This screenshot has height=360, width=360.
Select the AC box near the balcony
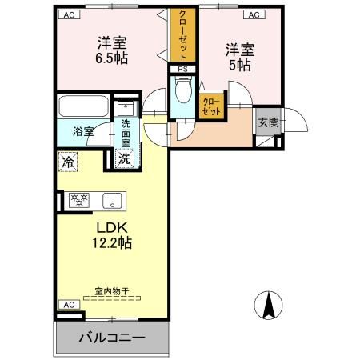69,305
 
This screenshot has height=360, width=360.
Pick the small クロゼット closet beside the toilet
212,106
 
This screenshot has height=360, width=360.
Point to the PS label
182,70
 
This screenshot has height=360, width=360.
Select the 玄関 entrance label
267,122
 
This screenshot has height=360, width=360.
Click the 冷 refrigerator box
66,160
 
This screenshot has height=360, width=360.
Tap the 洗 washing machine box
125,158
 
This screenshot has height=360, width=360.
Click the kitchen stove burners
79,200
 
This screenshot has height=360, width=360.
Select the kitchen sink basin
110,200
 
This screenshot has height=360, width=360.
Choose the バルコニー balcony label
112,338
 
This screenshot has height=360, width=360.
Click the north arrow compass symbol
269,304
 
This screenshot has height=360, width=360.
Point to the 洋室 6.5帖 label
113,50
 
